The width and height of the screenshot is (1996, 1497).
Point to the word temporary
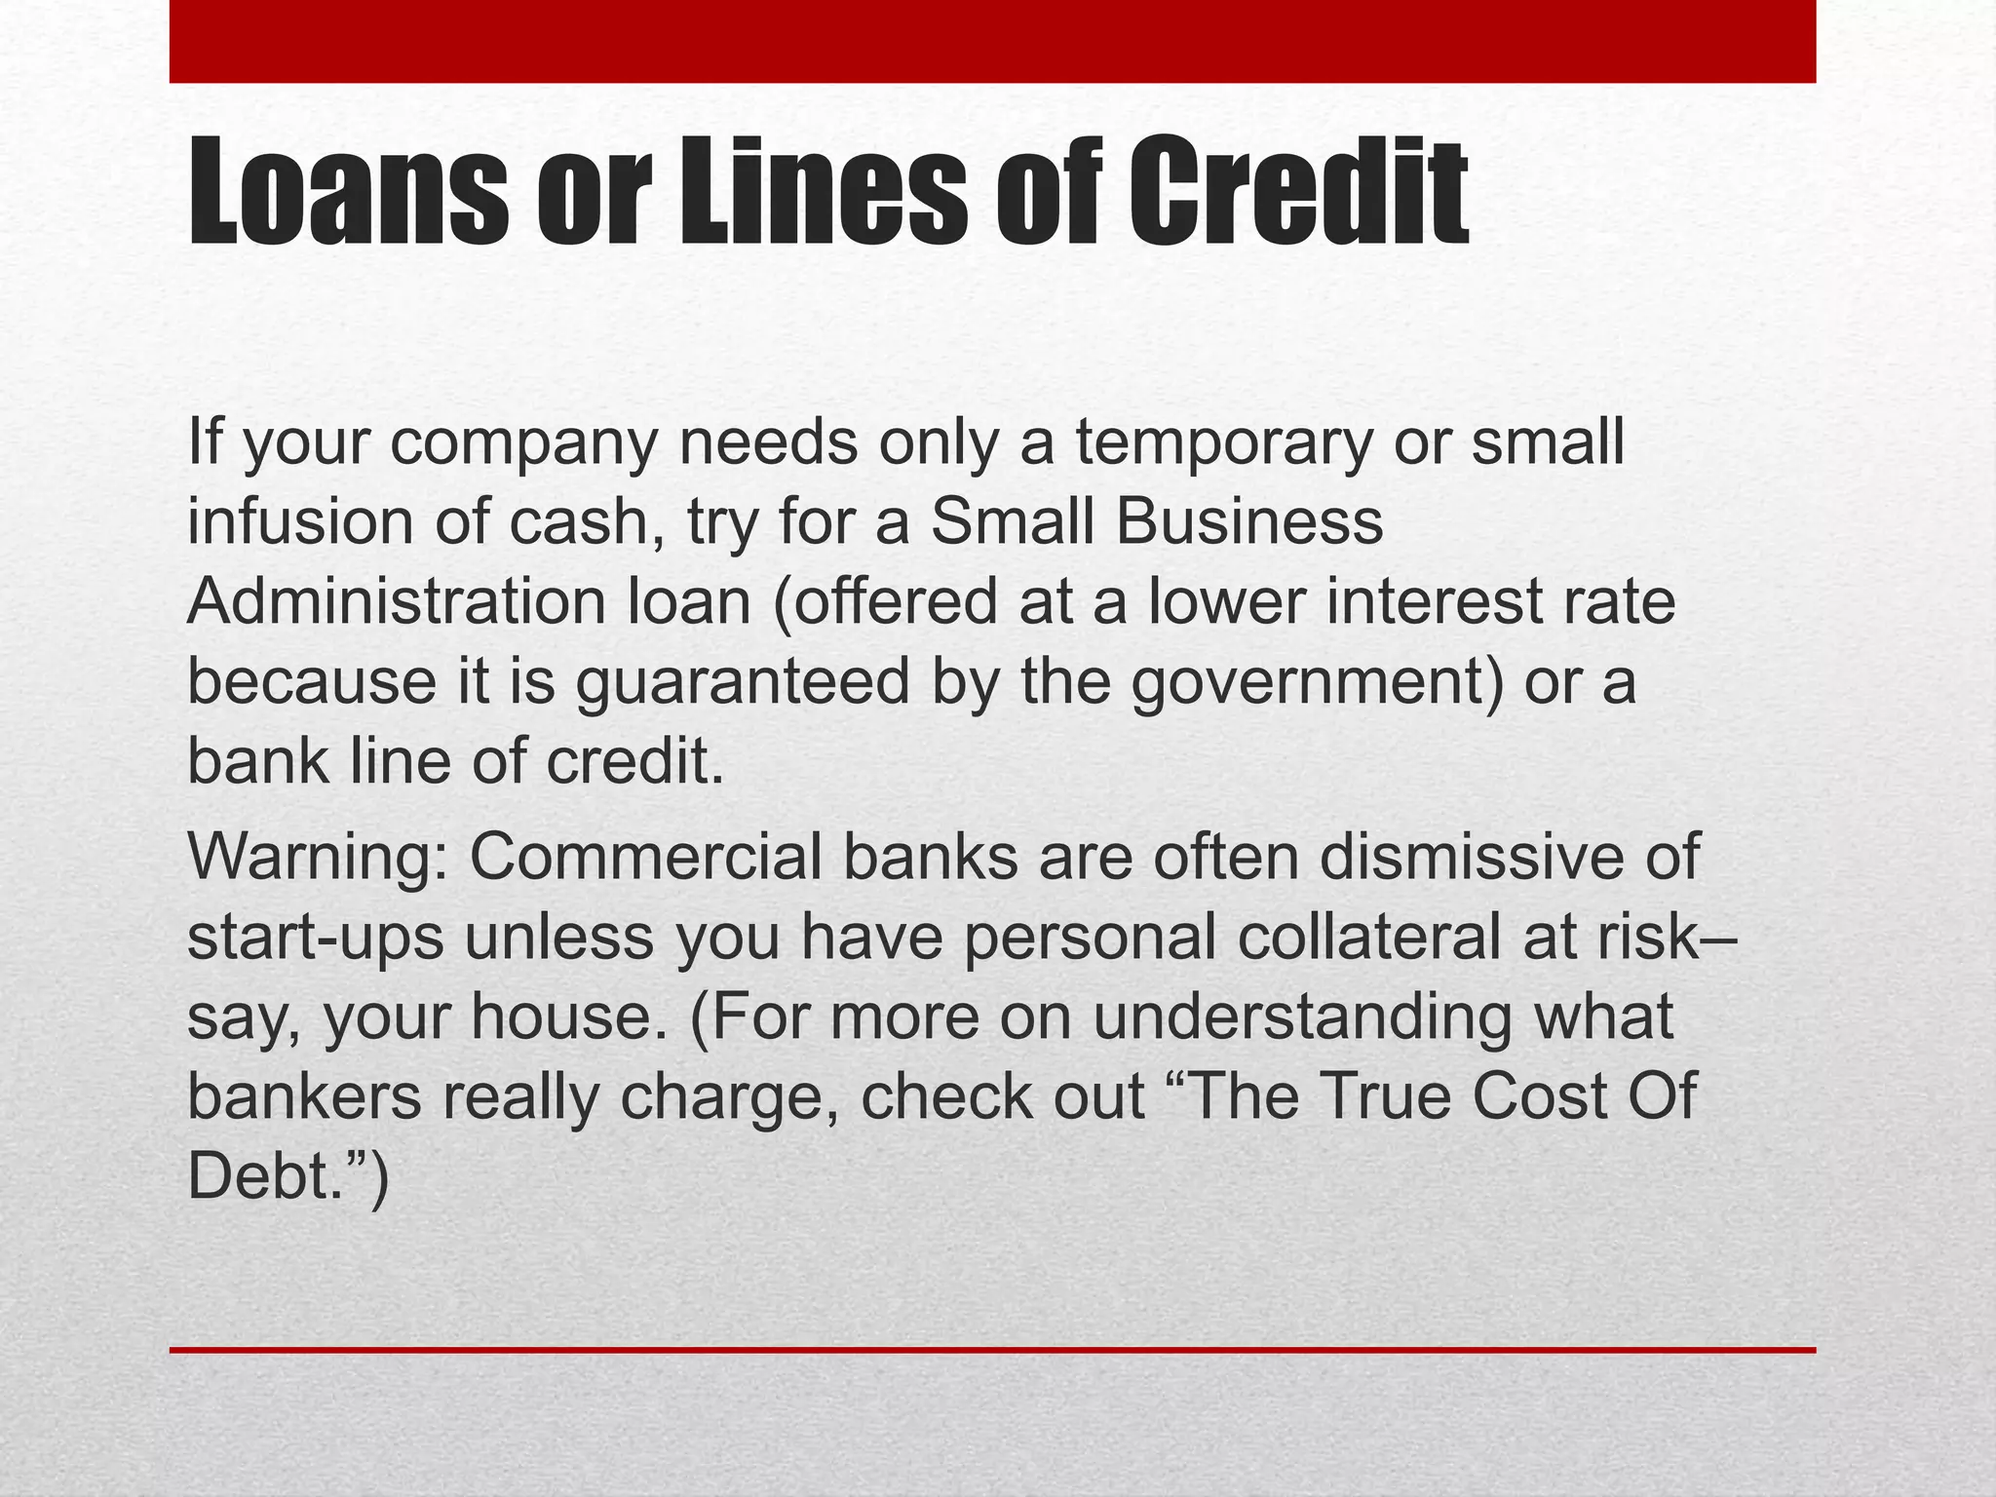pos(1224,443)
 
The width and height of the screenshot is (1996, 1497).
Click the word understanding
pos(1303,1017)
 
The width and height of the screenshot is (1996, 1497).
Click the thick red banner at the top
pos(992,41)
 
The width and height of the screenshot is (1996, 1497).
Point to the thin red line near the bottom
pos(992,1350)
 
